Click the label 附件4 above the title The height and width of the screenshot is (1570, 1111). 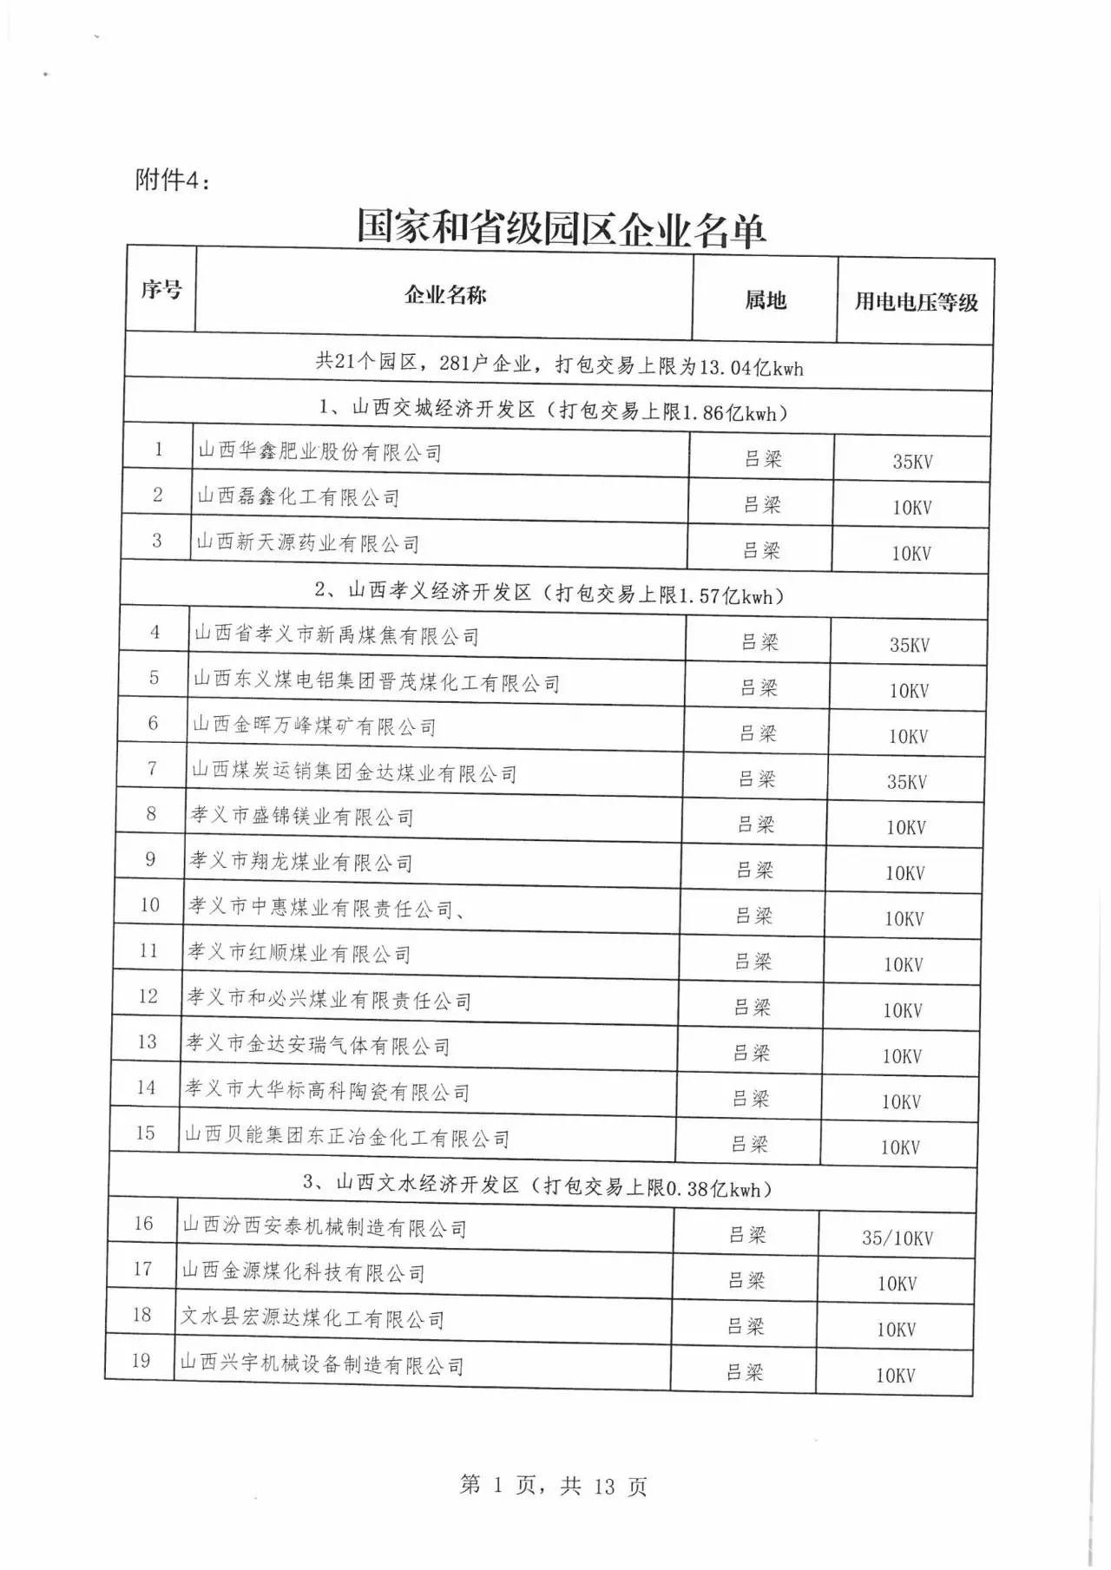(x=173, y=180)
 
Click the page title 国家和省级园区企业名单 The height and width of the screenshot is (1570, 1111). (x=561, y=228)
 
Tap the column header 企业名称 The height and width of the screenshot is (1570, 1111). (x=445, y=295)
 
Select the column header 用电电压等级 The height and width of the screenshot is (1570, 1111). (x=916, y=302)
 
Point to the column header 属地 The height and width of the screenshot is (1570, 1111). (x=765, y=300)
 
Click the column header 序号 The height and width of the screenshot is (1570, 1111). (x=161, y=289)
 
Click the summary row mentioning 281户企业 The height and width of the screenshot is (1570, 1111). (x=559, y=365)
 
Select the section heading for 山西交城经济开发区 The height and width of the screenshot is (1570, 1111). (x=553, y=411)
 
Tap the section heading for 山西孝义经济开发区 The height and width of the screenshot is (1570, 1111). (x=549, y=594)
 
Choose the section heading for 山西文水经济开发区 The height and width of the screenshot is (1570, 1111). (x=537, y=1186)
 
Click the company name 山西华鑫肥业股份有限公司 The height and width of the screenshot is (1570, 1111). (x=319, y=452)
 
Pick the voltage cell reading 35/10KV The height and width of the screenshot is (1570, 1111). (x=897, y=1238)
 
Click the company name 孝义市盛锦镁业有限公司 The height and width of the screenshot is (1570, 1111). (x=302, y=816)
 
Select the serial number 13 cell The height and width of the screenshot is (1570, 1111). (x=147, y=1041)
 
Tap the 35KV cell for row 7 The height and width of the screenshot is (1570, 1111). (x=906, y=782)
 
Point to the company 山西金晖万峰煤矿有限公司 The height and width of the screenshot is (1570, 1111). (x=314, y=726)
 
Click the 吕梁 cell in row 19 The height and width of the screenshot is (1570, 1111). (x=744, y=1372)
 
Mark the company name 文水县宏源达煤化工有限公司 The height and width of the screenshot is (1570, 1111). (x=312, y=1318)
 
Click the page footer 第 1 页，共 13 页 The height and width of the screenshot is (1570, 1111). (x=553, y=1486)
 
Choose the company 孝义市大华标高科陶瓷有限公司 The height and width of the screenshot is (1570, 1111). (x=327, y=1090)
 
